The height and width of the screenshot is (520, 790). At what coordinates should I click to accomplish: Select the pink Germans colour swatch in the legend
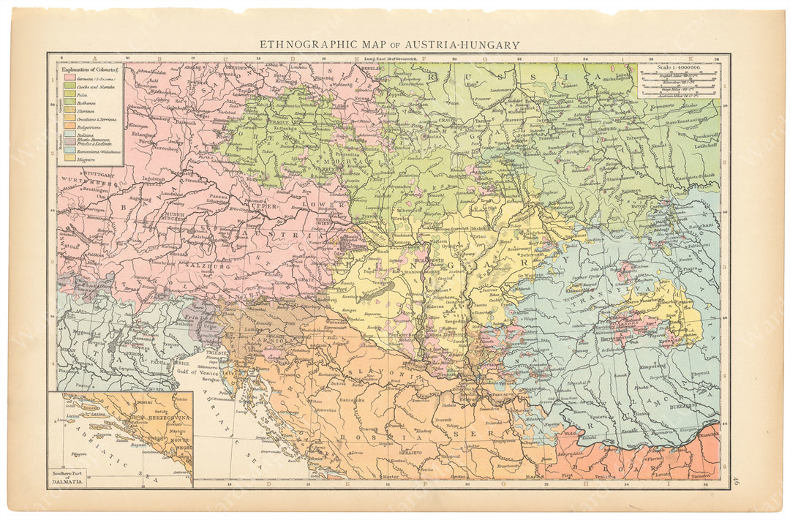(x=69, y=77)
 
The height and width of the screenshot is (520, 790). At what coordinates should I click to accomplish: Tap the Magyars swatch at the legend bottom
(x=69, y=157)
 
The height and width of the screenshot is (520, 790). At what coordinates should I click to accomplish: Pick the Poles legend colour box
(x=69, y=94)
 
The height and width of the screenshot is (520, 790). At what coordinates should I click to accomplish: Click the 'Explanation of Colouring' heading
(x=89, y=68)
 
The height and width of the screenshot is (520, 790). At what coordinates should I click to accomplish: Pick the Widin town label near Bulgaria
(x=571, y=432)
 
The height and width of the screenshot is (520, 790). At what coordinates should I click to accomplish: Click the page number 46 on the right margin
(x=735, y=481)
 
